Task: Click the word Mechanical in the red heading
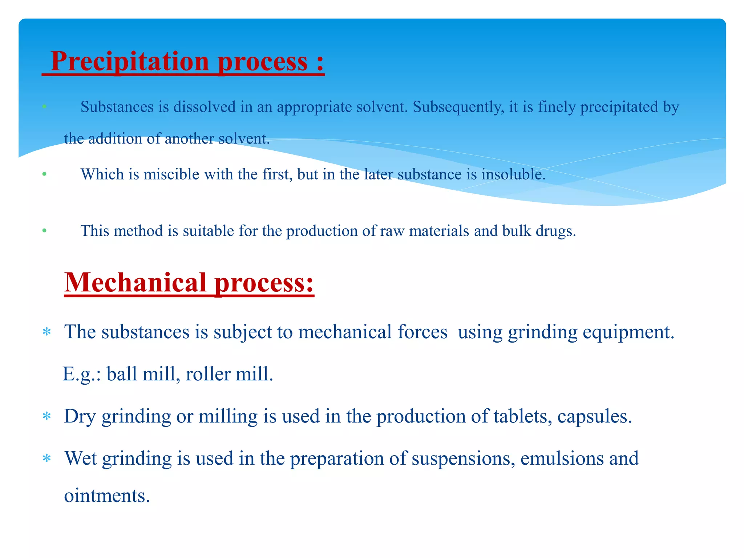pyautogui.click(x=136, y=283)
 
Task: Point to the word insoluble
pyautogui.click(x=513, y=175)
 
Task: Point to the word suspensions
pyautogui.click(x=463, y=459)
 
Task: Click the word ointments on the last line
pyautogui.click(x=107, y=496)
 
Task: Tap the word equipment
pyautogui.click(x=628, y=332)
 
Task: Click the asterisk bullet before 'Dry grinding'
pyautogui.click(x=46, y=416)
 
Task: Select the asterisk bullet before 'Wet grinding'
pyautogui.click(x=46, y=458)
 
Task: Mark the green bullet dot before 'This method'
pyautogui.click(x=44, y=231)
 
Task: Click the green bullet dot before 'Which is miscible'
pyautogui.click(x=44, y=174)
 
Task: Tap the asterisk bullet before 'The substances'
pyautogui.click(x=46, y=332)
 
